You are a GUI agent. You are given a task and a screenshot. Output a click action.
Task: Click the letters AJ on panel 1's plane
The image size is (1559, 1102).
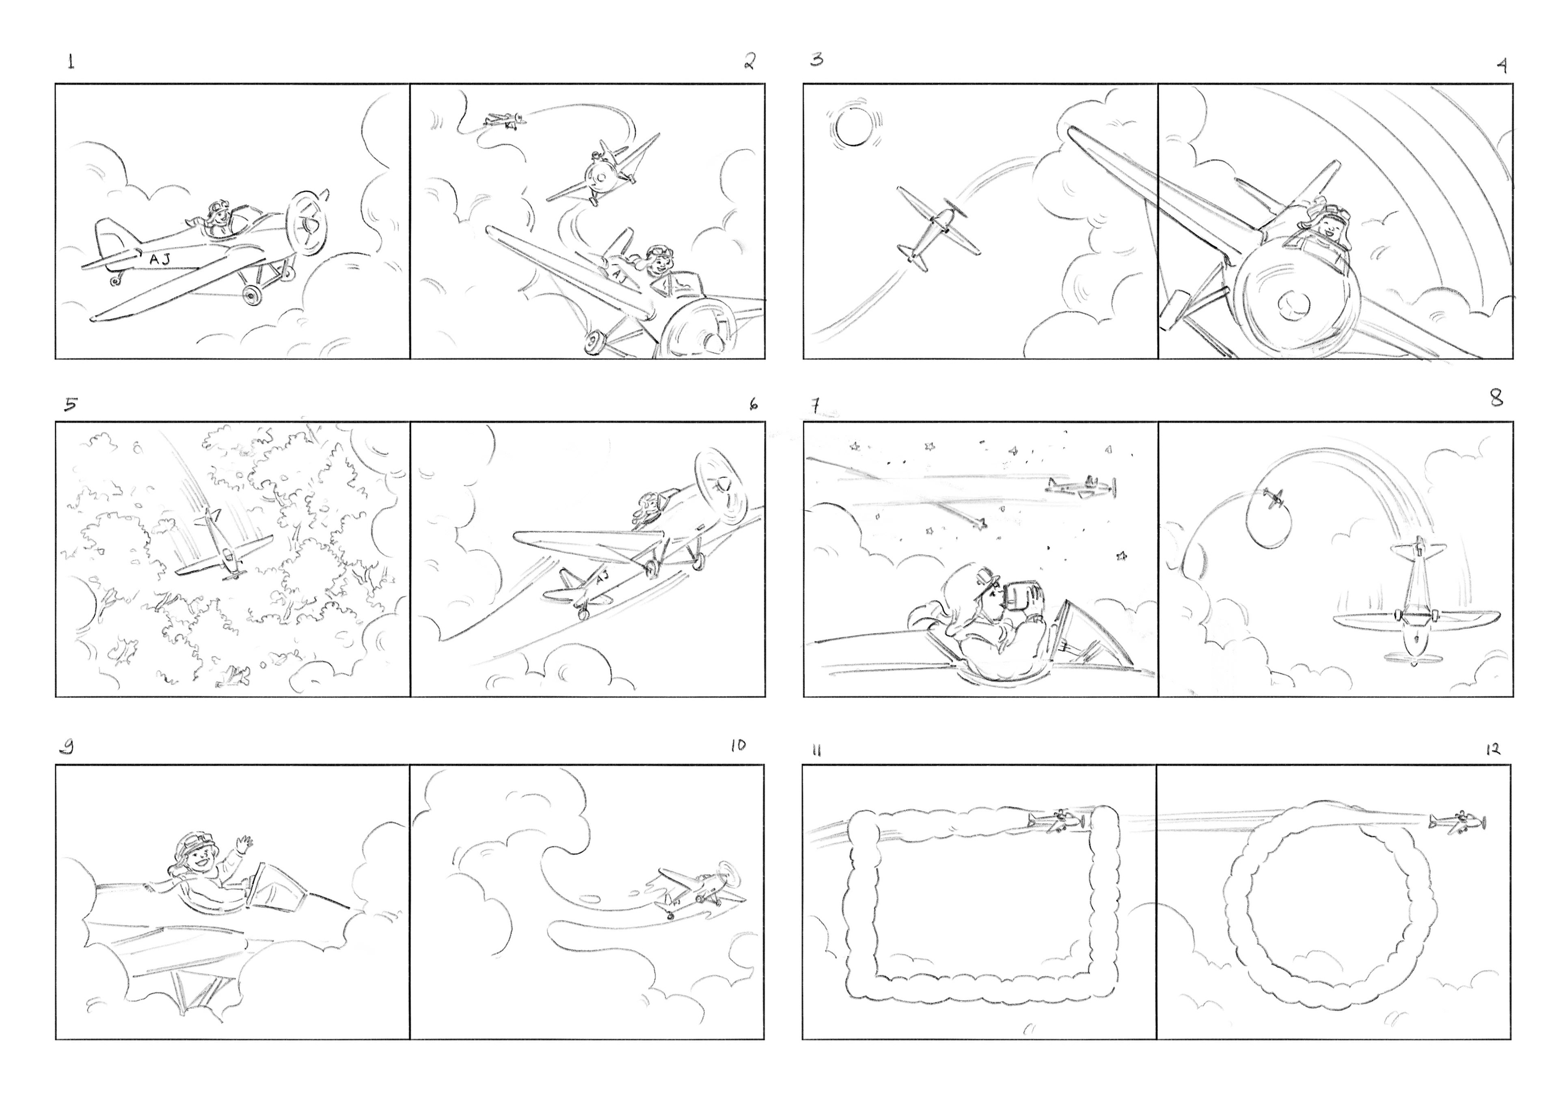point(160,259)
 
